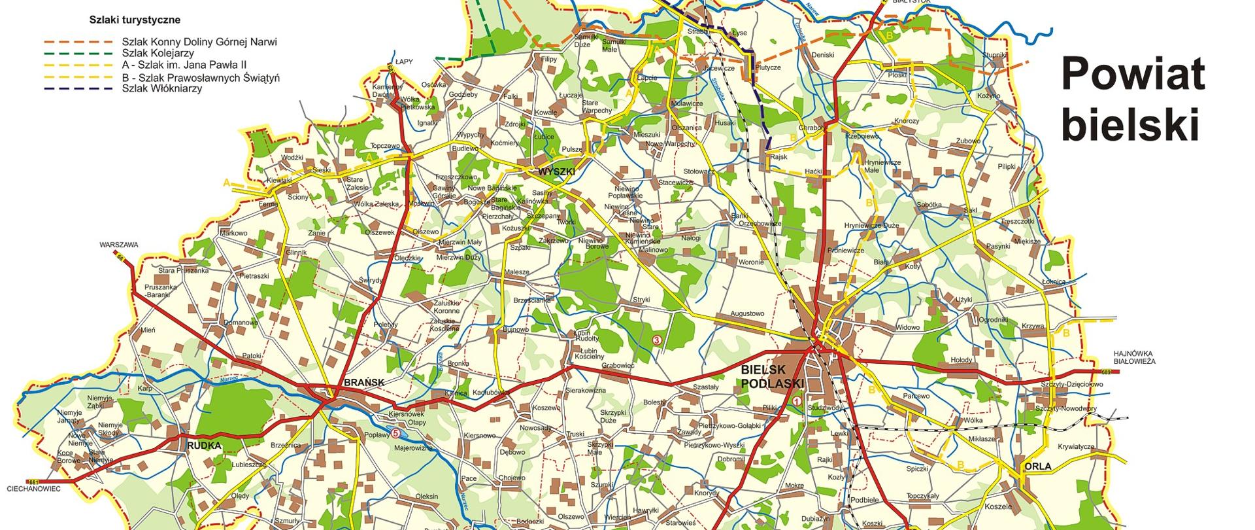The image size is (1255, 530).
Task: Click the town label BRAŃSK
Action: coord(364,383)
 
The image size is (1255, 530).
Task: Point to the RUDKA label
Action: coord(204,446)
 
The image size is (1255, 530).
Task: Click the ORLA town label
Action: coord(1038,467)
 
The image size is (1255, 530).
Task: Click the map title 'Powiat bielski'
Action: coord(1133,100)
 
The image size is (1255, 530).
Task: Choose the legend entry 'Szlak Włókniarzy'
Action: coord(161,89)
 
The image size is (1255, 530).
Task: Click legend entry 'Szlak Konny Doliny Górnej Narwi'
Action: coord(199,42)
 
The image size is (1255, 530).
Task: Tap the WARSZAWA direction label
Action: coord(119,245)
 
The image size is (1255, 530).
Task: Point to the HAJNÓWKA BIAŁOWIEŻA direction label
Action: coord(1134,357)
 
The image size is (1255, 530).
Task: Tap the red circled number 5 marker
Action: coord(395,433)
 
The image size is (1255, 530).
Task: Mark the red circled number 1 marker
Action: coord(797,401)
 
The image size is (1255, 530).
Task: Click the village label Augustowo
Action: coord(747,314)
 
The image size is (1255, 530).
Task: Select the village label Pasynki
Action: coord(998,246)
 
